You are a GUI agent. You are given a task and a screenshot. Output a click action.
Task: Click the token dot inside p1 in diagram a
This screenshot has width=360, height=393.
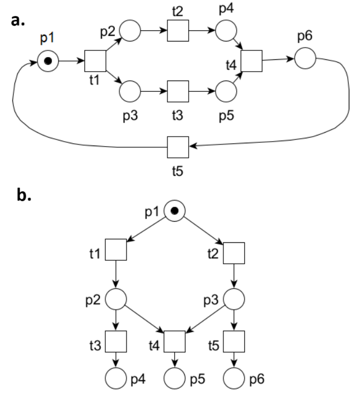coord(49,61)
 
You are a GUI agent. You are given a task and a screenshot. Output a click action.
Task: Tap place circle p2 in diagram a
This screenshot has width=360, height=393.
coord(130,30)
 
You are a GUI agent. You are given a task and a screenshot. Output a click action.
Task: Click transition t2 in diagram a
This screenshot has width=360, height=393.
coord(179,30)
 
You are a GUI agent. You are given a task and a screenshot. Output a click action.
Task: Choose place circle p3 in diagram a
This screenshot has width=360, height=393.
coord(130,90)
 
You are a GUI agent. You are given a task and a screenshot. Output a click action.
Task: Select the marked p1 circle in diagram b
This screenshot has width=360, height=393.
coord(175,211)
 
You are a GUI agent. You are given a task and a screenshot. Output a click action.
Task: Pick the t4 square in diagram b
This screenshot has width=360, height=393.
coord(175,340)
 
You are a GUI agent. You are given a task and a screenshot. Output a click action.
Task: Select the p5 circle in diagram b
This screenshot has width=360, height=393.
coord(175,378)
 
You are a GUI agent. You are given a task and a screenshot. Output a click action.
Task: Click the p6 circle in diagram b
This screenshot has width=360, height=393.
coord(233,378)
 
